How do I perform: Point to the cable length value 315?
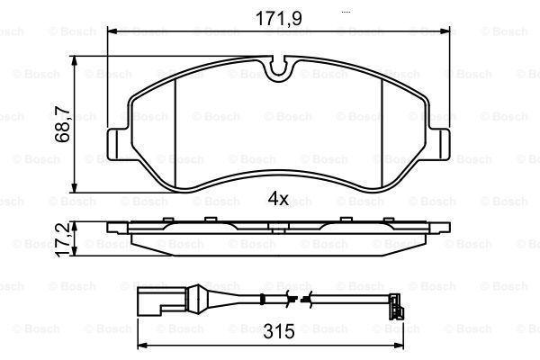tap(279, 330)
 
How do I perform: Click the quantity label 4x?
tap(277, 199)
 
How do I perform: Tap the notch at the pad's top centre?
tap(279, 66)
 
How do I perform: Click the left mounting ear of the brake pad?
tap(117, 144)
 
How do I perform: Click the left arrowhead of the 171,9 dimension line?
tap(112, 31)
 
